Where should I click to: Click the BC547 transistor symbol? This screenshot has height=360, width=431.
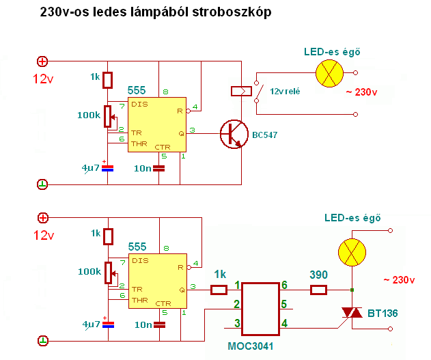(x=234, y=133)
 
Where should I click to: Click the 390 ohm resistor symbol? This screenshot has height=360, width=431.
(x=318, y=290)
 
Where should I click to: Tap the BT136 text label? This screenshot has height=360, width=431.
(x=384, y=314)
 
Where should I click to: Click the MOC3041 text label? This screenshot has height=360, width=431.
(x=250, y=346)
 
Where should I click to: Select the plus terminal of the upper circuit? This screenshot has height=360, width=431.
(x=42, y=61)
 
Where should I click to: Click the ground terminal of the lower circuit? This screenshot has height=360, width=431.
(x=42, y=340)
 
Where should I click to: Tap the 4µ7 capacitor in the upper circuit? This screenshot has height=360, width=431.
(x=107, y=167)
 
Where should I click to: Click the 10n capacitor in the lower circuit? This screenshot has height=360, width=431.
(x=159, y=323)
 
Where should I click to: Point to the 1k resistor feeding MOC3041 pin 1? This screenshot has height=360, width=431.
(x=219, y=290)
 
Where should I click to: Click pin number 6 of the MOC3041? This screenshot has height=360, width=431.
(x=285, y=285)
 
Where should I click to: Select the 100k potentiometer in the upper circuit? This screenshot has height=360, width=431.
(x=107, y=116)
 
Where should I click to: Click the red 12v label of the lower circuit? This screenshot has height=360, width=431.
(x=42, y=235)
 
